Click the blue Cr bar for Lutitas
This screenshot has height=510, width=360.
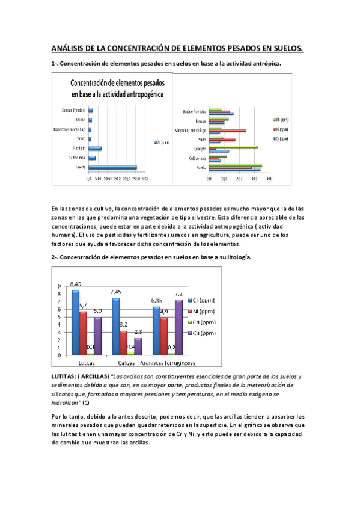point(75,322)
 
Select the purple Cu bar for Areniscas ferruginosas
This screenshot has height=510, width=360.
point(178,327)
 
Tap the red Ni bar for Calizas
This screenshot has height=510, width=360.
point(123,343)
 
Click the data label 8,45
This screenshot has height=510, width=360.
point(76,283)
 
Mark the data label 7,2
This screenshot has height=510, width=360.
point(178,293)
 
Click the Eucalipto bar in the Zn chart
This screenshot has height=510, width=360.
point(94,148)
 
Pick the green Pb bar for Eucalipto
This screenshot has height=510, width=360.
point(233,147)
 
